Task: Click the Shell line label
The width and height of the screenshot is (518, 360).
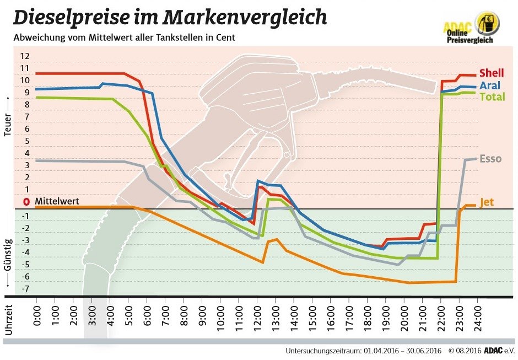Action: click(x=491, y=73)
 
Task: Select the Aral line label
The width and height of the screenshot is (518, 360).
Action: click(x=490, y=85)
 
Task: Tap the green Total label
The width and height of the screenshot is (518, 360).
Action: click(x=492, y=97)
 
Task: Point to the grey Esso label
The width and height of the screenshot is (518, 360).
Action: click(x=490, y=159)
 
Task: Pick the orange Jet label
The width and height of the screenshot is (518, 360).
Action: click(x=487, y=202)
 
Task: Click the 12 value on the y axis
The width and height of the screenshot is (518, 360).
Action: click(x=24, y=56)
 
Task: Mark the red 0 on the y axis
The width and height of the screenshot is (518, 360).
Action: click(x=25, y=202)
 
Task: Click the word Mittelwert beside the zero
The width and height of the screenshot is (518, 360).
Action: click(x=57, y=202)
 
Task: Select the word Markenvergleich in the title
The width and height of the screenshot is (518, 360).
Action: click(x=244, y=18)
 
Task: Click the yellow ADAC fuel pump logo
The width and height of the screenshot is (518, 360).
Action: click(x=488, y=22)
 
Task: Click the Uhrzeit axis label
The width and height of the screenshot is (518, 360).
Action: click(x=8, y=319)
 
